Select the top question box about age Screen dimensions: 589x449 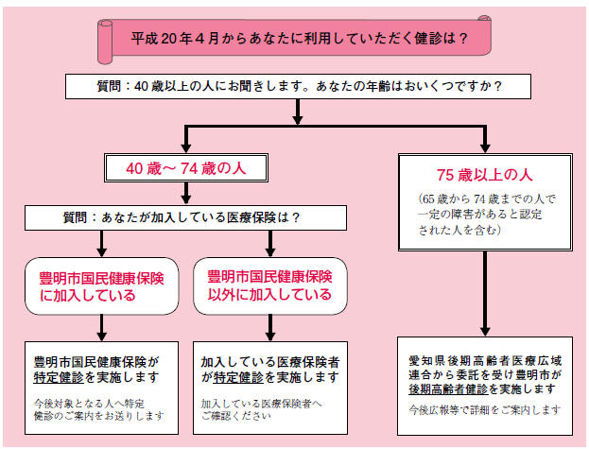click(298, 87)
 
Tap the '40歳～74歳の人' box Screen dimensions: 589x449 click(186, 168)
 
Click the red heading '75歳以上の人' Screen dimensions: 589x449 click(485, 175)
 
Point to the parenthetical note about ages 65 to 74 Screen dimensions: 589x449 click(486, 215)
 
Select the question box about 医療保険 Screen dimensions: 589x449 click(185, 217)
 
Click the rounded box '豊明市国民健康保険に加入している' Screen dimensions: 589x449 click(102, 286)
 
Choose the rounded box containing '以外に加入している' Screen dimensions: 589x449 click(270, 286)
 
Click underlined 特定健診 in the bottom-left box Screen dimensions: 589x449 click(59, 377)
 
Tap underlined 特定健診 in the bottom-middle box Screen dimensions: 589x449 click(238, 377)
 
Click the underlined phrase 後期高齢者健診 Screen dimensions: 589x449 click(448, 389)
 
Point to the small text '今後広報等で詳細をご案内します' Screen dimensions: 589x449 click(485, 409)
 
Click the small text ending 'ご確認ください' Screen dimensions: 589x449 click(262, 409)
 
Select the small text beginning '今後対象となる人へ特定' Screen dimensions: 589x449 click(98, 409)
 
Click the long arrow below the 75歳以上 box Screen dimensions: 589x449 click(485, 294)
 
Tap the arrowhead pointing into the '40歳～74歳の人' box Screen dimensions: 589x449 click(186, 147)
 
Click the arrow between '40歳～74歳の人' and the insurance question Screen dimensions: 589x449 click(186, 194)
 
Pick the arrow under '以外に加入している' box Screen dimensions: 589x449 click(270, 328)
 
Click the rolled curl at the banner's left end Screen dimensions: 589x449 click(105, 42)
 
